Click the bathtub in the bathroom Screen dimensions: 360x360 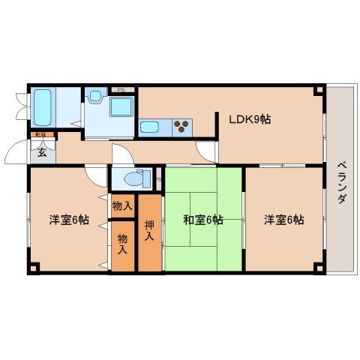(44, 107)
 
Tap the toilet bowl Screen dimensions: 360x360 (133, 179)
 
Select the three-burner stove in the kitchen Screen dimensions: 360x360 (182, 126)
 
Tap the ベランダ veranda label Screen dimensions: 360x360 (341, 184)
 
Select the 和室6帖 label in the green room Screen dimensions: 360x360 (203, 220)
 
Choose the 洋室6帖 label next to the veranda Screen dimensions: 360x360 (283, 220)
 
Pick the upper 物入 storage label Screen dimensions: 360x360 (122, 205)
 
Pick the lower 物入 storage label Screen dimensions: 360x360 (122, 244)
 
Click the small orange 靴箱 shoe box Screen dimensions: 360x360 (40, 135)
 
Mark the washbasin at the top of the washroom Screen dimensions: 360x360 (95, 97)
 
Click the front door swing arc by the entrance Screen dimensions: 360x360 (16, 154)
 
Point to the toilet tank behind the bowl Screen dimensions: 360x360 (147, 178)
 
